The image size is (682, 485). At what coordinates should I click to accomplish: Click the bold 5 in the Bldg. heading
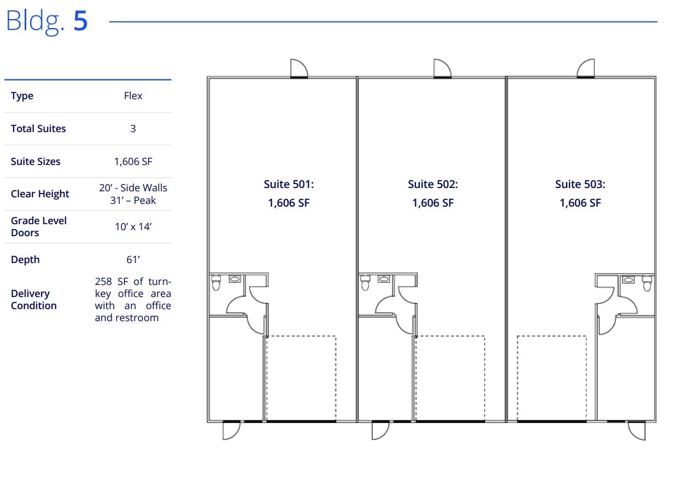[80, 21]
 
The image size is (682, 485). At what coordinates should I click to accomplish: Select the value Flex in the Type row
[133, 96]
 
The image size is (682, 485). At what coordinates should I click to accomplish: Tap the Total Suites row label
[38, 129]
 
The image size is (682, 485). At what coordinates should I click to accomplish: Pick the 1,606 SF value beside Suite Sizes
[133, 162]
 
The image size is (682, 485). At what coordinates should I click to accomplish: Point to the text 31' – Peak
[133, 200]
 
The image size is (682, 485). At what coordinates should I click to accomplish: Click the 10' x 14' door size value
[133, 227]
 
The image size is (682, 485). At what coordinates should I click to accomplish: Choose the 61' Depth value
[133, 259]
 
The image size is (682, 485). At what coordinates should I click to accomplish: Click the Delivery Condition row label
[34, 299]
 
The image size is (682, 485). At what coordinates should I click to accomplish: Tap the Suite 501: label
[288, 184]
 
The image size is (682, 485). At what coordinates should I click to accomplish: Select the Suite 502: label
[432, 184]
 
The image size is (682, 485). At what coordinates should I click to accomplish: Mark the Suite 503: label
[580, 184]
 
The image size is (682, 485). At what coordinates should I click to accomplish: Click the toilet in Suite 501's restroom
[216, 283]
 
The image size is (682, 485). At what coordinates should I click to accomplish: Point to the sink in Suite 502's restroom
[384, 279]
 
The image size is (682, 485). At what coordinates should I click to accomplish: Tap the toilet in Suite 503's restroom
[647, 283]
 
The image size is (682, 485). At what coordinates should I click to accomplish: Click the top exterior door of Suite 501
[299, 69]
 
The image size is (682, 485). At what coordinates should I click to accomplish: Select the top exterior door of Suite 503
[586, 69]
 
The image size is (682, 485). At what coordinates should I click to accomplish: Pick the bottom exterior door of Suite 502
[380, 430]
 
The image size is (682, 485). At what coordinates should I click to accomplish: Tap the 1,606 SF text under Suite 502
[432, 203]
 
